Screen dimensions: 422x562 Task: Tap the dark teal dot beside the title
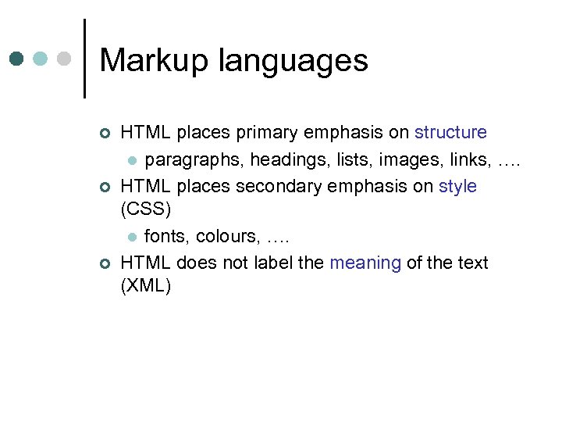coord(17,59)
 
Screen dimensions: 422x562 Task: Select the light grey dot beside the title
coord(65,59)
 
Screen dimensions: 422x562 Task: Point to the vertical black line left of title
coord(84,59)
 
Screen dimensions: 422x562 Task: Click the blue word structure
coord(450,133)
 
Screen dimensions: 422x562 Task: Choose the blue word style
coord(457,186)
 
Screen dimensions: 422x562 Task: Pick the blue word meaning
coord(365,263)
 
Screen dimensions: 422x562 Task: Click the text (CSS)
coord(145,210)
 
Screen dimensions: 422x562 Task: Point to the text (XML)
coord(146,286)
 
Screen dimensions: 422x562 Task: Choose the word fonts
coord(166,236)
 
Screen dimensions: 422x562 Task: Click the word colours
coord(227,236)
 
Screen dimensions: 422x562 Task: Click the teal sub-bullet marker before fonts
coord(133,237)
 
